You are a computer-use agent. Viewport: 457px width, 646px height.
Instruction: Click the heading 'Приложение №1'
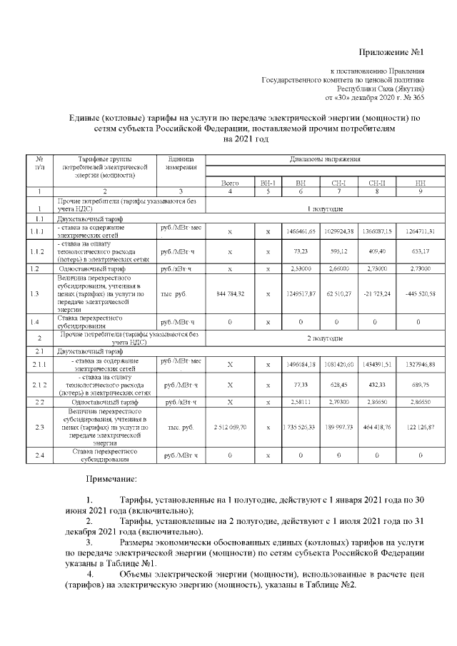click(x=391, y=53)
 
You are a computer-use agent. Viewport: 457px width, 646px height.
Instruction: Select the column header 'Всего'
click(x=230, y=183)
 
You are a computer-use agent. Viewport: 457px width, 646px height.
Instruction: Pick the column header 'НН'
click(x=420, y=183)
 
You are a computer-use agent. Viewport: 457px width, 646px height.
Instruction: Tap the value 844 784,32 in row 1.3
click(x=230, y=293)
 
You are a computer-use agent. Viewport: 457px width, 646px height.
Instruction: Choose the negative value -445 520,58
click(x=420, y=293)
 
